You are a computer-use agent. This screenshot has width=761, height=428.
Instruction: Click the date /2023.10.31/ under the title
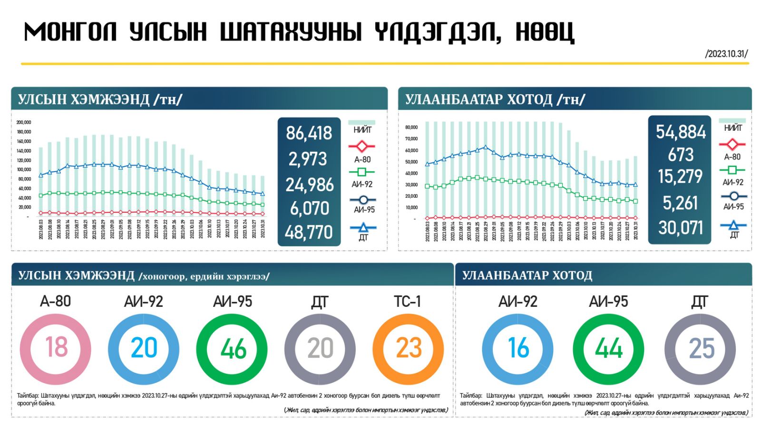tap(726, 54)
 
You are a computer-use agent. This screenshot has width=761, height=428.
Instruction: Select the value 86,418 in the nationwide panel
tap(309, 134)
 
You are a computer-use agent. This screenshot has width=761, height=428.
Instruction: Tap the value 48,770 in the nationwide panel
tap(309, 232)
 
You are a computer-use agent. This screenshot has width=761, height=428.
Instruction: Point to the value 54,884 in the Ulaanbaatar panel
tap(681, 132)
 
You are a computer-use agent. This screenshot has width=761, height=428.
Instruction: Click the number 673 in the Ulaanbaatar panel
tap(681, 155)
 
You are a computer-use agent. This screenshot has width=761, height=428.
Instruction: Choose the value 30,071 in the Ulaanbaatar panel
tap(681, 228)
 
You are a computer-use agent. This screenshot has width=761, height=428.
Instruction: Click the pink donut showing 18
tap(56, 349)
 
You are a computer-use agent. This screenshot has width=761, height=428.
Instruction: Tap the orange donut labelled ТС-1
tap(408, 349)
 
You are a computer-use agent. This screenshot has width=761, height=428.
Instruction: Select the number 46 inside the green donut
tap(233, 349)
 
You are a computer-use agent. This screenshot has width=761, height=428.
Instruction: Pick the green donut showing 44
tap(608, 349)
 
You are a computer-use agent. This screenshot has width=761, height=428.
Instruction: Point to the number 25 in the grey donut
tap(701, 349)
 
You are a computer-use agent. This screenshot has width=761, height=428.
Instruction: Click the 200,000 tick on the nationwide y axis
tap(24, 123)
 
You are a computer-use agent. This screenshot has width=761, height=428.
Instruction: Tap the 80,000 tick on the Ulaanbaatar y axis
tap(411, 127)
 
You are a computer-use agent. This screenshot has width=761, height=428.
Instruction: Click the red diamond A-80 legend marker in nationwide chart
tap(362, 146)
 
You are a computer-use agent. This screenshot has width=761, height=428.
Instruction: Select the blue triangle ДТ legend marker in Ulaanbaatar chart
tap(733, 225)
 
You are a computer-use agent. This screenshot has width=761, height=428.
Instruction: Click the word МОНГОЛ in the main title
tap(70, 32)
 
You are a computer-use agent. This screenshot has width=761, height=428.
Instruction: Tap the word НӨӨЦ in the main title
tap(546, 32)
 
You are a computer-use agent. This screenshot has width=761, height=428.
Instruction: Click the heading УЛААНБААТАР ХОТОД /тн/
tap(495, 99)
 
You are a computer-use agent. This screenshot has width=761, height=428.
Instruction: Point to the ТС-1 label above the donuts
tap(408, 302)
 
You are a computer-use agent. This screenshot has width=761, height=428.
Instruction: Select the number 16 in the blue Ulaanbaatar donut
tap(518, 349)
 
